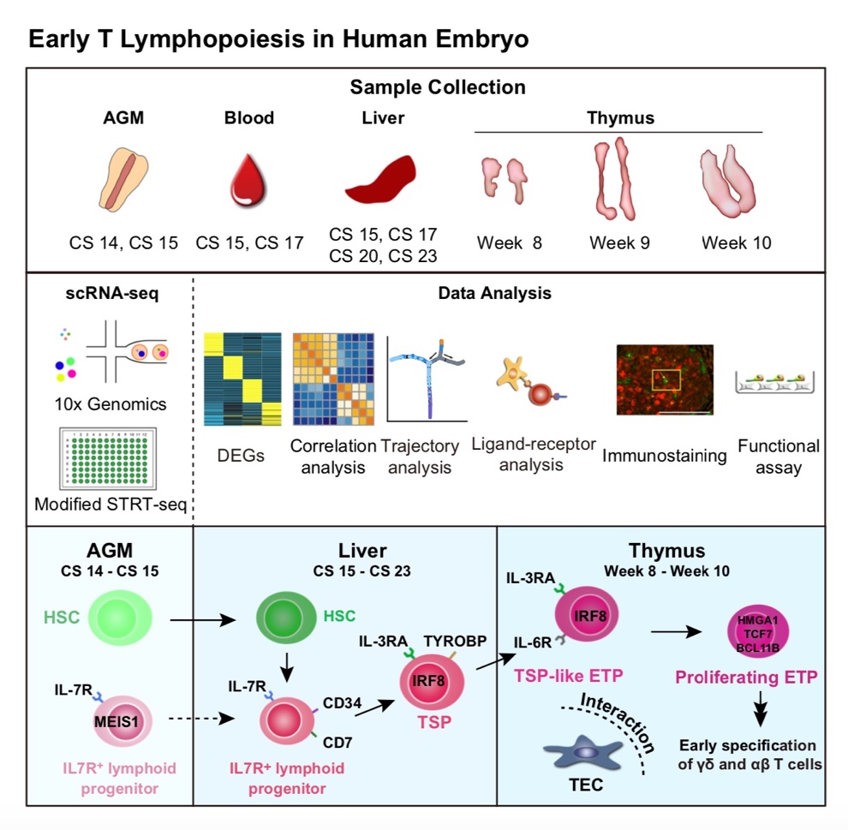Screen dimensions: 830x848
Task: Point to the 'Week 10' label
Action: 736,243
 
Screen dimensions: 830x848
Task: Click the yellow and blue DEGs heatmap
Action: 242,380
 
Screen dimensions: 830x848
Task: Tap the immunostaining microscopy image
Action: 665,379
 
